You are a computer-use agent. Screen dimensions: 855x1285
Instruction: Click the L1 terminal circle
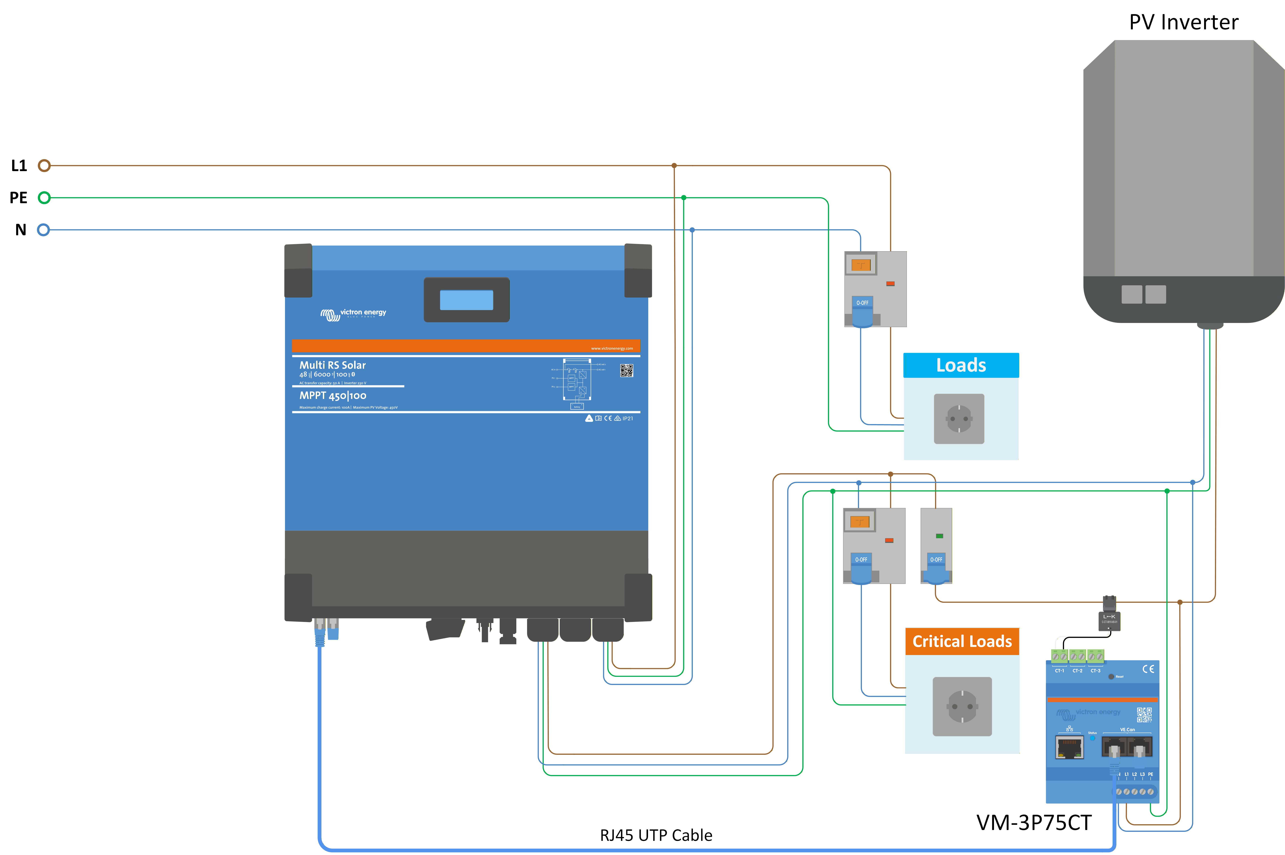point(44,165)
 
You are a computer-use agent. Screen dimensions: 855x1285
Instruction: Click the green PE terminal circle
point(44,197)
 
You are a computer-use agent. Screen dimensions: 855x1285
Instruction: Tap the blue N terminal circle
point(43,229)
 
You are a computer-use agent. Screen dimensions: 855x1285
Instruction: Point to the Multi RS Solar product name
point(332,365)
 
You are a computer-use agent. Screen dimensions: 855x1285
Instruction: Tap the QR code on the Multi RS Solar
point(626,371)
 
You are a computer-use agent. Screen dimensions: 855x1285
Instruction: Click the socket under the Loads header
point(959,419)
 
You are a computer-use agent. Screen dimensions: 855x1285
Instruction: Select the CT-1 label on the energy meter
point(1059,671)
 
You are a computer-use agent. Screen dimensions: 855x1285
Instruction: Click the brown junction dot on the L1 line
point(674,165)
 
